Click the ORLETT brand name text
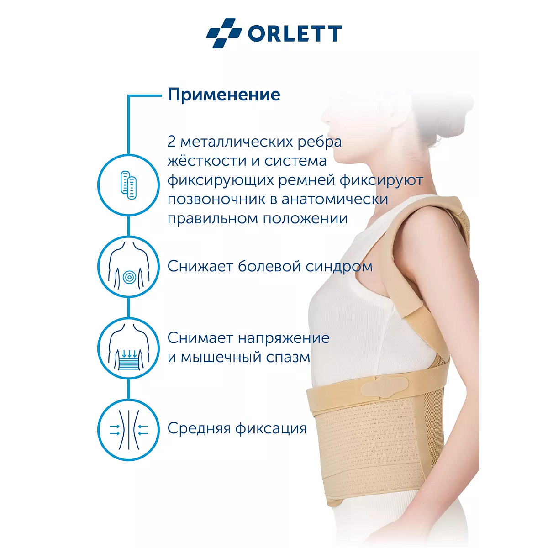click(x=295, y=33)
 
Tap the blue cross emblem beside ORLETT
click(x=224, y=33)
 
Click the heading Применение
click(x=224, y=95)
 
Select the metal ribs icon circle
click(x=129, y=185)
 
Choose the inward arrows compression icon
click(x=129, y=429)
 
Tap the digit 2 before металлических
click(x=172, y=142)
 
